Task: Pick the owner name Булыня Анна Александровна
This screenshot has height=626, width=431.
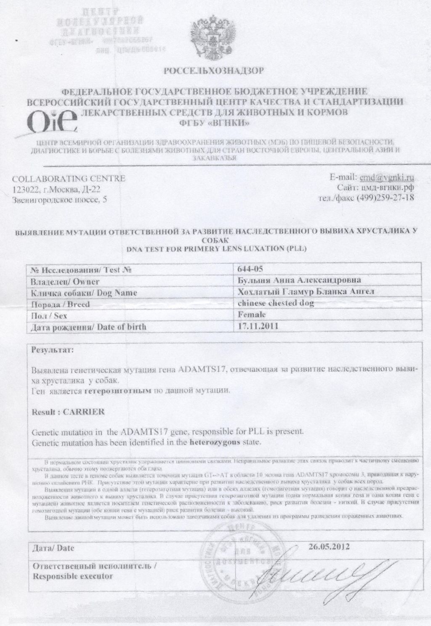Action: tap(293, 281)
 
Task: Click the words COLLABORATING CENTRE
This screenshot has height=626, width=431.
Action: tap(69, 178)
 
